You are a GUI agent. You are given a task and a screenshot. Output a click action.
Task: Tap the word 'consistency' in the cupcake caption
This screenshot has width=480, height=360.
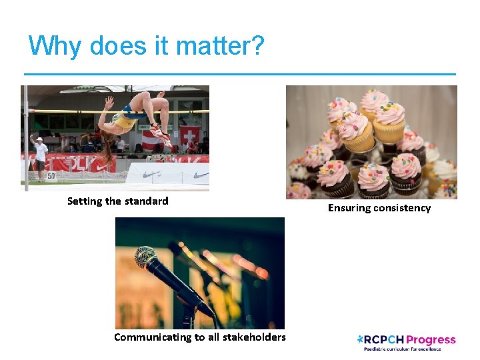pyautogui.click(x=402, y=208)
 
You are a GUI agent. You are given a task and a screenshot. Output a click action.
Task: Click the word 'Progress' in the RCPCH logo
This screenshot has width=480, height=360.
pyautogui.click(x=430, y=340)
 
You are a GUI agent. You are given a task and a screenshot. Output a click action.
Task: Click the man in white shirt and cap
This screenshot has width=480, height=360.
pyautogui.click(x=41, y=157)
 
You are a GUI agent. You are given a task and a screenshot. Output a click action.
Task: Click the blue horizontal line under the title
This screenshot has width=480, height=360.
pyautogui.click(x=240, y=73)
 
